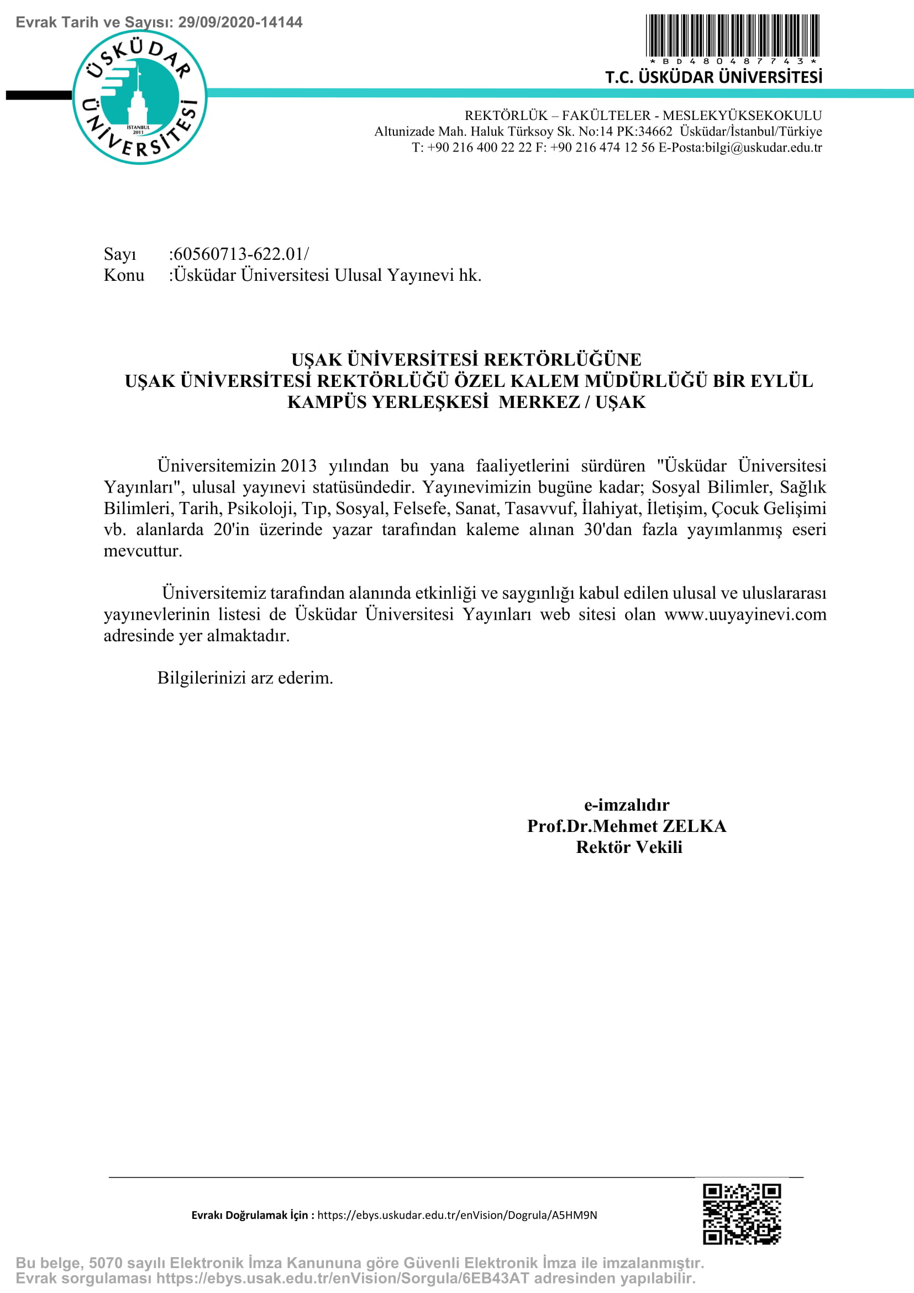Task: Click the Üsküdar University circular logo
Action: click(x=140, y=97)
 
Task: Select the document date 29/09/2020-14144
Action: click(x=240, y=23)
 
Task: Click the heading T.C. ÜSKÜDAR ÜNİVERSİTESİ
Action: click(x=713, y=77)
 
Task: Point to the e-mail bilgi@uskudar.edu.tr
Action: click(x=763, y=148)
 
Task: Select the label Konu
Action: click(x=124, y=275)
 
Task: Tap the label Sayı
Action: click(x=120, y=254)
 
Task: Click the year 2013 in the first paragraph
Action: click(x=298, y=465)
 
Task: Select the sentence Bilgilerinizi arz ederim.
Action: click(x=245, y=678)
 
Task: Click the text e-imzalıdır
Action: click(x=627, y=805)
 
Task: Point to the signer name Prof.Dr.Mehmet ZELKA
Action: click(x=627, y=826)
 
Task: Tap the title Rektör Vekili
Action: click(x=629, y=847)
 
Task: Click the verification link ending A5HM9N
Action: click(x=457, y=1215)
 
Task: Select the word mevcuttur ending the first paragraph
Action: click(x=143, y=551)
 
